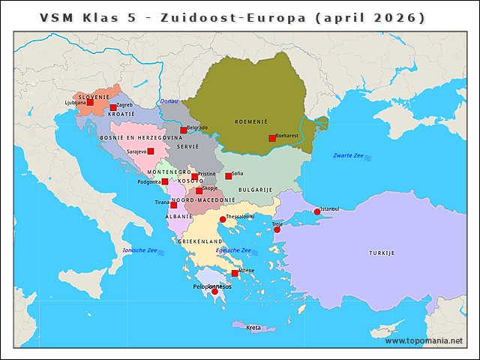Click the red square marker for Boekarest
[x=272, y=138]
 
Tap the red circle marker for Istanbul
[x=317, y=212]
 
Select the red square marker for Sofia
[x=229, y=176]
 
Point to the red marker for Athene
[x=235, y=274]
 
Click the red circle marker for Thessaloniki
[x=222, y=220]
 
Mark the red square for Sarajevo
[x=151, y=151]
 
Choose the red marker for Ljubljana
[x=91, y=103]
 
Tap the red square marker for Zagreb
[x=113, y=108]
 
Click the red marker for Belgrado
[x=183, y=130]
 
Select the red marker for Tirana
[x=174, y=205]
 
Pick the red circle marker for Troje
[x=277, y=229]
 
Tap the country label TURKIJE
[x=381, y=253]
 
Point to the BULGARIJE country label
[x=255, y=190]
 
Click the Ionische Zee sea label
[x=139, y=250]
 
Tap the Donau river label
[x=169, y=101]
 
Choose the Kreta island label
[x=253, y=328]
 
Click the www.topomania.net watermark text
[x=424, y=341]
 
